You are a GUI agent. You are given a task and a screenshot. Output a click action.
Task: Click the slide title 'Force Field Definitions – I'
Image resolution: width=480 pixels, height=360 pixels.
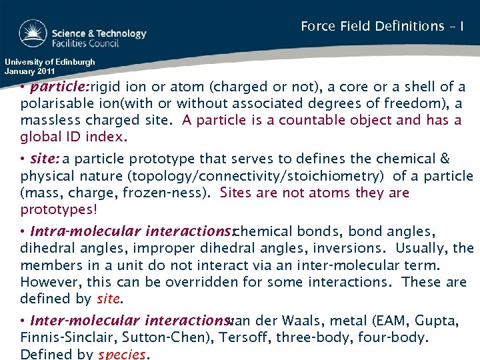coord(382,27)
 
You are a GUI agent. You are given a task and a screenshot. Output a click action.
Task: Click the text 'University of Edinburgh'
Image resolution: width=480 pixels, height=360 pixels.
coord(50,62)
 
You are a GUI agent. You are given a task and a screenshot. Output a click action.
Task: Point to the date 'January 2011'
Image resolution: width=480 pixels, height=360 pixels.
coord(31,71)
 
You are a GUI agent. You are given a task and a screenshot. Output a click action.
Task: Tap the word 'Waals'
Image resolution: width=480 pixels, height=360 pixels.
coord(309,321)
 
